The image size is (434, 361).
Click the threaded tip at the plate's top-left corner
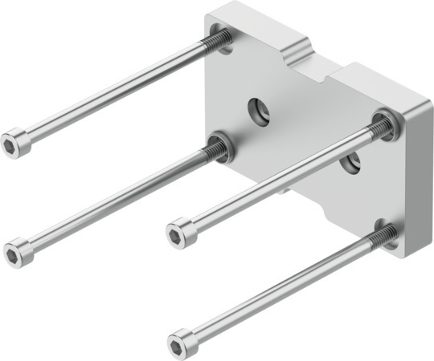[x=219, y=40]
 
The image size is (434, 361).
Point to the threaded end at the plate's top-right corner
[x=384, y=124]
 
